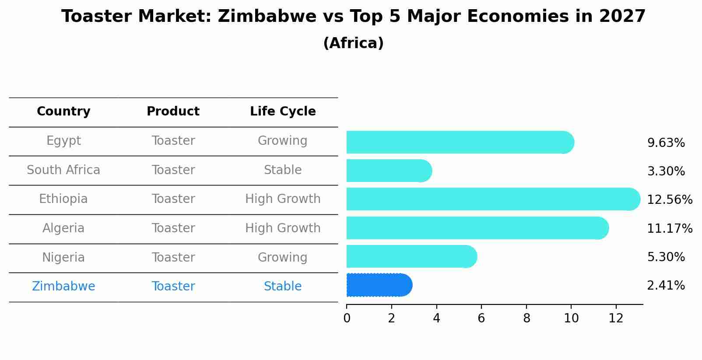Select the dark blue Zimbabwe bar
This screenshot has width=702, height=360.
coord(379,285)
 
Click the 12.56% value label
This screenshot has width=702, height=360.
coord(670,200)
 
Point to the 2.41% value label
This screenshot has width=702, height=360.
coord(666,286)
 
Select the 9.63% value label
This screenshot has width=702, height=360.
coord(666,143)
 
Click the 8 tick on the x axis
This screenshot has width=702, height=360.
coord(526,318)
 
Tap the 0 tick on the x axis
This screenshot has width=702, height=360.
coord(347,318)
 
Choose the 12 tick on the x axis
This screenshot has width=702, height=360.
coord(616,318)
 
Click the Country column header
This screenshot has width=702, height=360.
coord(63,112)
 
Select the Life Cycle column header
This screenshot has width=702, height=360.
coord(283,112)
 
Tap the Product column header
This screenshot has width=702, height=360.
coord(173,112)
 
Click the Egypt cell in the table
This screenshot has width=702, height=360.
coord(63,141)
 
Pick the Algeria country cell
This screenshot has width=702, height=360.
coord(63,228)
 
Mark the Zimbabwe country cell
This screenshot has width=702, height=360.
coord(63,287)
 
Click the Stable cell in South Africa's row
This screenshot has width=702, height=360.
coord(283,170)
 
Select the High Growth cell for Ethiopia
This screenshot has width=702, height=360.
coord(283,199)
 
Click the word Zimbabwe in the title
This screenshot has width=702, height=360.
coord(267,17)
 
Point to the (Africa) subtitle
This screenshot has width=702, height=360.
coord(353,43)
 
